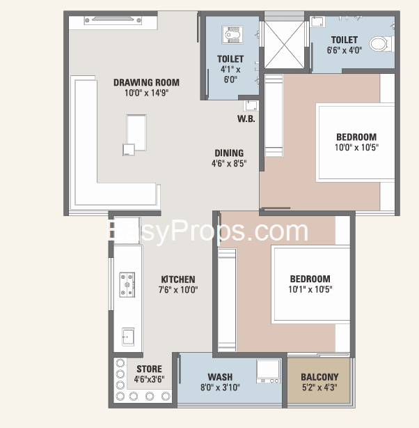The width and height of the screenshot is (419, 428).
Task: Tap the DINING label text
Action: (x=228, y=153)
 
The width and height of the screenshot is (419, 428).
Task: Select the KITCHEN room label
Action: (x=178, y=280)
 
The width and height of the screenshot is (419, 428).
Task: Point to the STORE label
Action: (x=149, y=369)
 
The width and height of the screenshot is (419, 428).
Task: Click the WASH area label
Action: (x=220, y=377)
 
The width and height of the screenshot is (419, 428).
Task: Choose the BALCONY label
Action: (x=320, y=377)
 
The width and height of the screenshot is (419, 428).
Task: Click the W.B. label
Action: (x=246, y=119)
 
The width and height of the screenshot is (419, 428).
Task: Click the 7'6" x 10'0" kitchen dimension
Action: (x=178, y=289)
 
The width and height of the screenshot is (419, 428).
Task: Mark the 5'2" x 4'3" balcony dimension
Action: (x=320, y=388)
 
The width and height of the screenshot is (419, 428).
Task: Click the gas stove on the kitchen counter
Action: (x=127, y=282)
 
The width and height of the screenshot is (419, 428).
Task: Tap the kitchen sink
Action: (x=128, y=336)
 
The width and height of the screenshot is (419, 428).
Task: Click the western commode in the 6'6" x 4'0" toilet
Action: (x=379, y=45)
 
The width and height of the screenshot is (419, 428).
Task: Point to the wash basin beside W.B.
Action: (x=251, y=105)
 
